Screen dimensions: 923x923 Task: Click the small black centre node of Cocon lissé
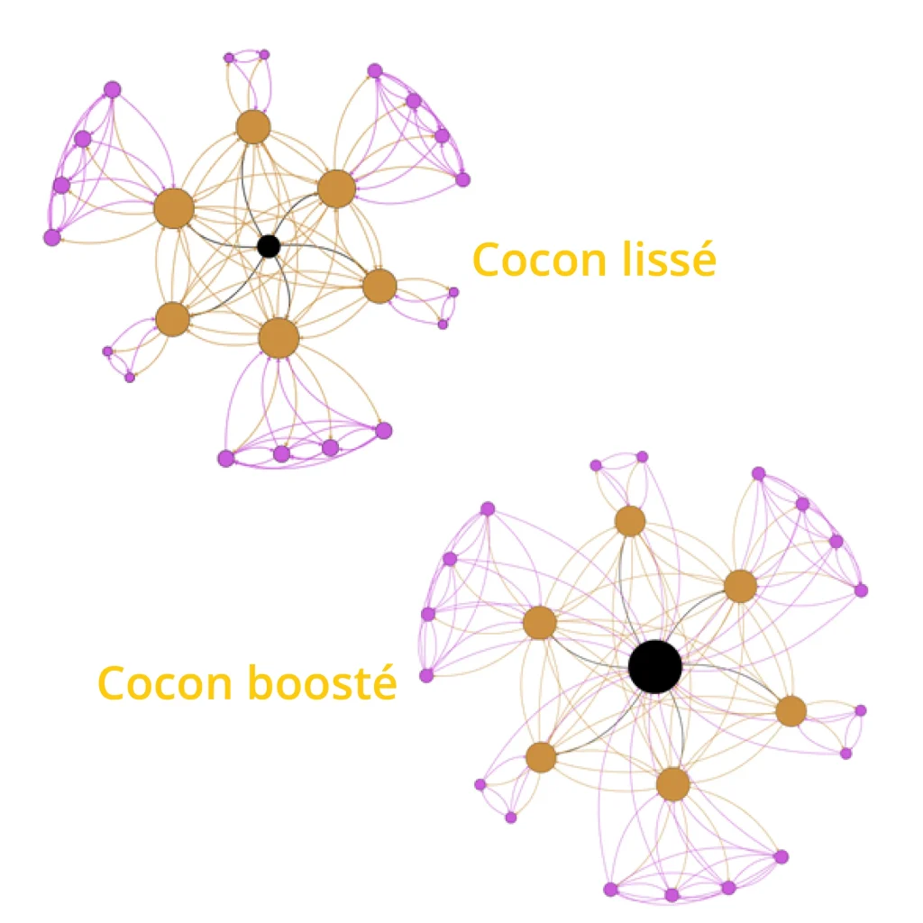268,245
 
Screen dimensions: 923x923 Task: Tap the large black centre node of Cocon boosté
655,666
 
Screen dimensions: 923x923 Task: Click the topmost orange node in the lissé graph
253,127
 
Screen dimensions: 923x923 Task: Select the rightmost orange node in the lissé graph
379,286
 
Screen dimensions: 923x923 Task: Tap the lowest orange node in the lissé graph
279,338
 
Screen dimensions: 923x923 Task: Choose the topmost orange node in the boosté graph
630,520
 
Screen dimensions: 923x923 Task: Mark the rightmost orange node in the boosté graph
790,711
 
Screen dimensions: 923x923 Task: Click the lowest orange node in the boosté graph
672,784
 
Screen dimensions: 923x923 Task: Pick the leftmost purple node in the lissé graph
52,237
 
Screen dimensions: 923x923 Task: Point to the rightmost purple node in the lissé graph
462,179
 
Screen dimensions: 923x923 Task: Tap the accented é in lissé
704,260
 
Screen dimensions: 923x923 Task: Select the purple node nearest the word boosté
426,675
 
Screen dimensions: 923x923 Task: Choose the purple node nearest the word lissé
453,292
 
